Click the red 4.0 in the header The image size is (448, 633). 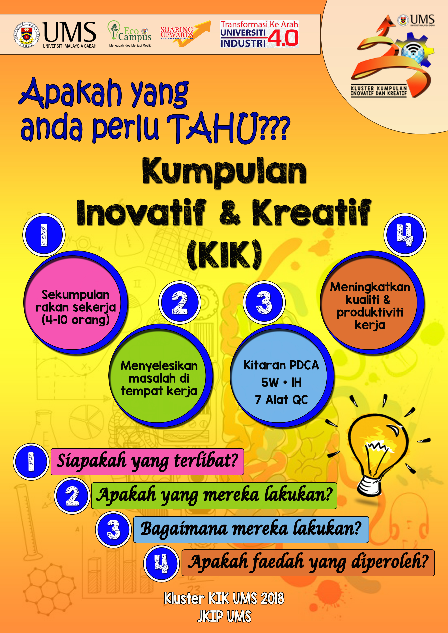[283, 38]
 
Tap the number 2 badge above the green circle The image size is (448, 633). [180, 302]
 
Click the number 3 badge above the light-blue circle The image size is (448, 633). [264, 302]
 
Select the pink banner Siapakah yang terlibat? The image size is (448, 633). [147, 462]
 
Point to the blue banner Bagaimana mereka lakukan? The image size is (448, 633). [251, 530]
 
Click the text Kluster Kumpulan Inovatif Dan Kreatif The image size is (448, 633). [379, 91]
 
